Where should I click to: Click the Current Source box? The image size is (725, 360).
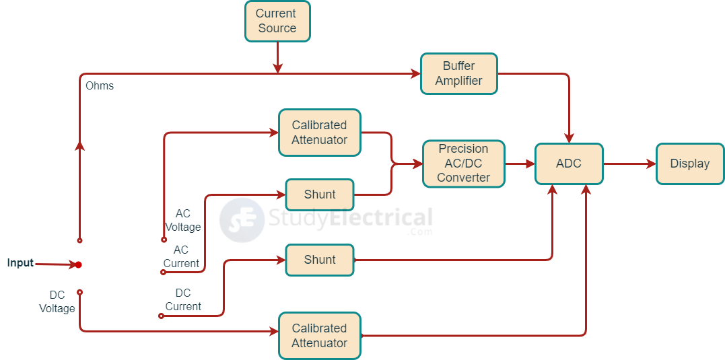coord(277,22)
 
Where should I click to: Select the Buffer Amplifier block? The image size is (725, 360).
coord(458,73)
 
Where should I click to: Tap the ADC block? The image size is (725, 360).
coord(569,164)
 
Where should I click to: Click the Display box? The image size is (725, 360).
coord(689,164)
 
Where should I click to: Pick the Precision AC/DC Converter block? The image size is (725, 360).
coord(463,164)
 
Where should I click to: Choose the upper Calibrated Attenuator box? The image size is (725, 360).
coord(319,133)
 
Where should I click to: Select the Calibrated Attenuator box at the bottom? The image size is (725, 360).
coord(319,336)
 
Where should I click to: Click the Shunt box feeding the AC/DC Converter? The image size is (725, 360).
coord(319,194)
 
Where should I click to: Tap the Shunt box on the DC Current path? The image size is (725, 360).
coord(319,260)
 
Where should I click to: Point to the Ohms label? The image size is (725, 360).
coord(100,86)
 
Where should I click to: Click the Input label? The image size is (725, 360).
coord(20,263)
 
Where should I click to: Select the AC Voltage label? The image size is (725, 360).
coord(183,220)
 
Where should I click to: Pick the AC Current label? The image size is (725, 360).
coord(181,256)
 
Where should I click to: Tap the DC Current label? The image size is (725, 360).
coord(183,300)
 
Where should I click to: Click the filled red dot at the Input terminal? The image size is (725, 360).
coord(78,264)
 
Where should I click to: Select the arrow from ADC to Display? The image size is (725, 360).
coord(630,164)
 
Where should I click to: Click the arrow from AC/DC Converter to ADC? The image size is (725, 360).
coord(520,164)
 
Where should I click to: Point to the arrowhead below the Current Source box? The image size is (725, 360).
coord(277,68)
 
